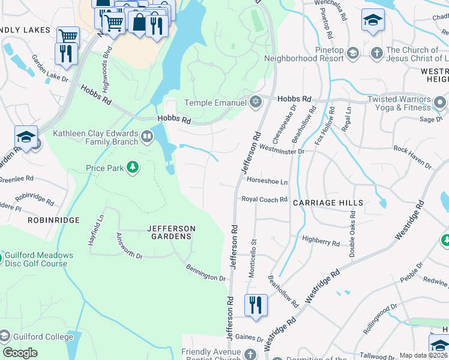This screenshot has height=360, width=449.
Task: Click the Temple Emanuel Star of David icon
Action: point(256,103)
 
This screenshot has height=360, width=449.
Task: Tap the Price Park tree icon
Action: point(131,168)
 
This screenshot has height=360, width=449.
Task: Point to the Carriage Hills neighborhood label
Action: point(328,203)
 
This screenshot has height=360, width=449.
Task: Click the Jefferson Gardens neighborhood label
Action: point(172,232)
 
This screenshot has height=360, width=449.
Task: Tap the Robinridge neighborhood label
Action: point(53,221)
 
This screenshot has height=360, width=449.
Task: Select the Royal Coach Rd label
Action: point(265,199)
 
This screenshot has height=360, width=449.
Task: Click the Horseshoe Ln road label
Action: point(267,181)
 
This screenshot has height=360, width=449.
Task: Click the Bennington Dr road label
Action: point(205,273)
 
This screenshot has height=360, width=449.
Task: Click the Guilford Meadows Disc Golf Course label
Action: point(40,259)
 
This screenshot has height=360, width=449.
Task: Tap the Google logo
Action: point(20,353)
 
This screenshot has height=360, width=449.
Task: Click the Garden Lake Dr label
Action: point(50,70)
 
